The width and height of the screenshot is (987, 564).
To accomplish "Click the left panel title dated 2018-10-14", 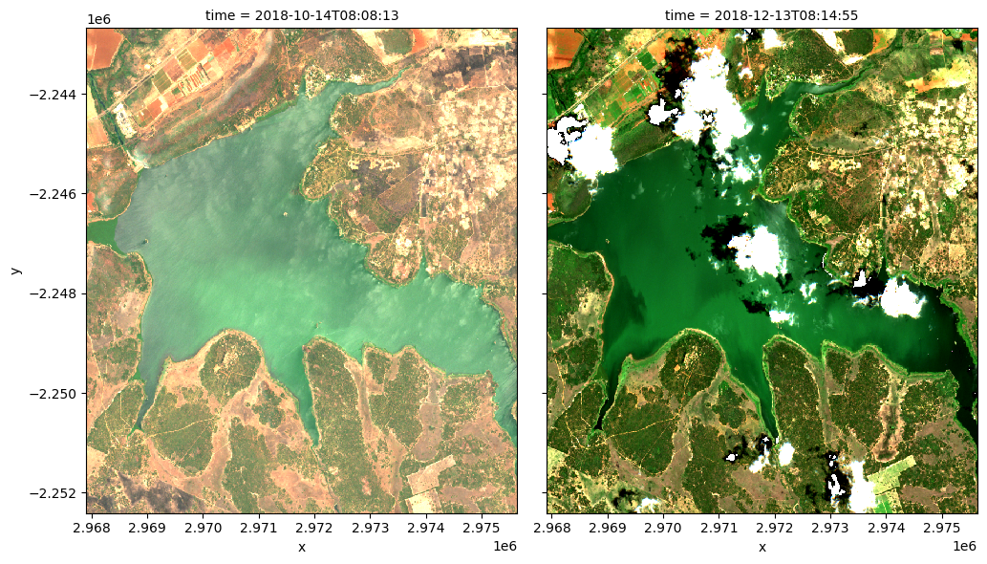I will tap(301, 15).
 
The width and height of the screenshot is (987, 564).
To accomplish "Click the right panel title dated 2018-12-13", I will tap(762, 15).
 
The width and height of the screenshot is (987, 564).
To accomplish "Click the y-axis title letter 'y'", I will tap(15, 271).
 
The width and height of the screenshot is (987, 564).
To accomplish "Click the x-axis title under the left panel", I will tap(301, 547).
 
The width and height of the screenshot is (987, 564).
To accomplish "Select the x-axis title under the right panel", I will tap(762, 547).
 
